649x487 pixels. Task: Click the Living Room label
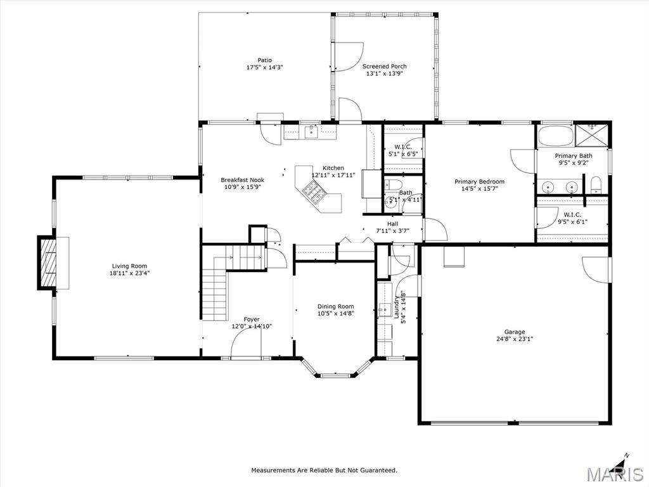pos(129,266)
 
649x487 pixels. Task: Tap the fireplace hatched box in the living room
pos(48,263)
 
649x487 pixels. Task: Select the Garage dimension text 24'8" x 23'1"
pos(515,339)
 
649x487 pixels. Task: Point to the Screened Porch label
pos(385,66)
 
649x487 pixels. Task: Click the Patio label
pos(264,60)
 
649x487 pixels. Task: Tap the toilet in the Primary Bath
pos(596,185)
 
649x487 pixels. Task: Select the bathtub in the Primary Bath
pos(555,136)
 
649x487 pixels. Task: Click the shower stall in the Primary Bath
pos(593,135)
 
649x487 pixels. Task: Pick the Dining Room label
pos(336,306)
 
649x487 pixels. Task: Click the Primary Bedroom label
pos(479,181)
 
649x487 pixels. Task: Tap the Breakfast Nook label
pos(242,179)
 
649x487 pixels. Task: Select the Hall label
pos(392,224)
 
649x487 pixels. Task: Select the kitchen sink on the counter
pos(311,132)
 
